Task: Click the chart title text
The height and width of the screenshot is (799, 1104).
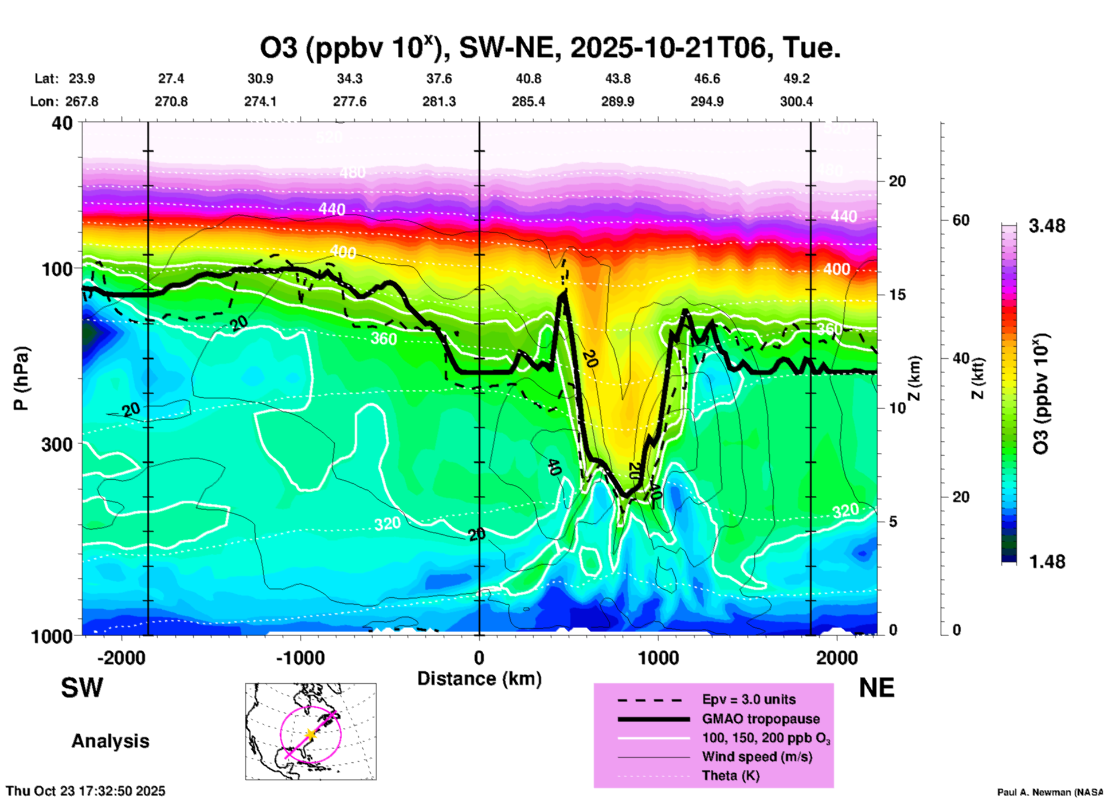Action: pyautogui.click(x=550, y=48)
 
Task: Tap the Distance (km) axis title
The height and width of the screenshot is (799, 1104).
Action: pyautogui.click(x=479, y=679)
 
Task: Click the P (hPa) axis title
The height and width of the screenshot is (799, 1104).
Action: pyautogui.click(x=21, y=378)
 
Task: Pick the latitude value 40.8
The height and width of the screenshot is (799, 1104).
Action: pyautogui.click(x=528, y=79)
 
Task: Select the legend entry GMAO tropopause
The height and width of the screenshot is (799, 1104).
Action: pyautogui.click(x=761, y=719)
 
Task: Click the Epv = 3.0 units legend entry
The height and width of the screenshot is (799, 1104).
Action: pyautogui.click(x=749, y=699)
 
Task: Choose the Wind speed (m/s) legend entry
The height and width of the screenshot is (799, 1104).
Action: pyautogui.click(x=757, y=757)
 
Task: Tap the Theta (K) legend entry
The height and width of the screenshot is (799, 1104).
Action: pyautogui.click(x=730, y=775)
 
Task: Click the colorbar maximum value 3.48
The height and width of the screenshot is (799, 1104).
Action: pyautogui.click(x=1047, y=226)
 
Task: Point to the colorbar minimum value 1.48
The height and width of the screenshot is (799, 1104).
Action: pyautogui.click(x=1047, y=562)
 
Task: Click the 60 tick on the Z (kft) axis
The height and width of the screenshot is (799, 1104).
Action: pyautogui.click(x=961, y=220)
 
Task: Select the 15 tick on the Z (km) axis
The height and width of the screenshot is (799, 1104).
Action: pyautogui.click(x=896, y=295)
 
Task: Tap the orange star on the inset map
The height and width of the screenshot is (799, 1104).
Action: pyautogui.click(x=311, y=734)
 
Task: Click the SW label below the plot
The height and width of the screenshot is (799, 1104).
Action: pyautogui.click(x=82, y=688)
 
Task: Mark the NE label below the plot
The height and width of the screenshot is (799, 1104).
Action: pyautogui.click(x=876, y=688)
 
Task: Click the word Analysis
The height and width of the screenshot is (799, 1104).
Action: pyautogui.click(x=110, y=741)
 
